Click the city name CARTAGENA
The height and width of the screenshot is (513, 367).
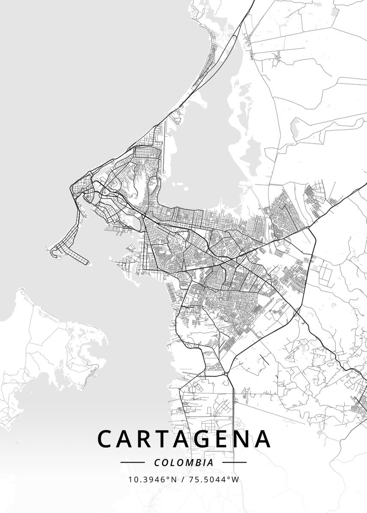coord(184,439)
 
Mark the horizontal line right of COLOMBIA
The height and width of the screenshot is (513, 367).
coord(234,462)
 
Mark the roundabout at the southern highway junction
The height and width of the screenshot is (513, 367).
coord(226,373)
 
